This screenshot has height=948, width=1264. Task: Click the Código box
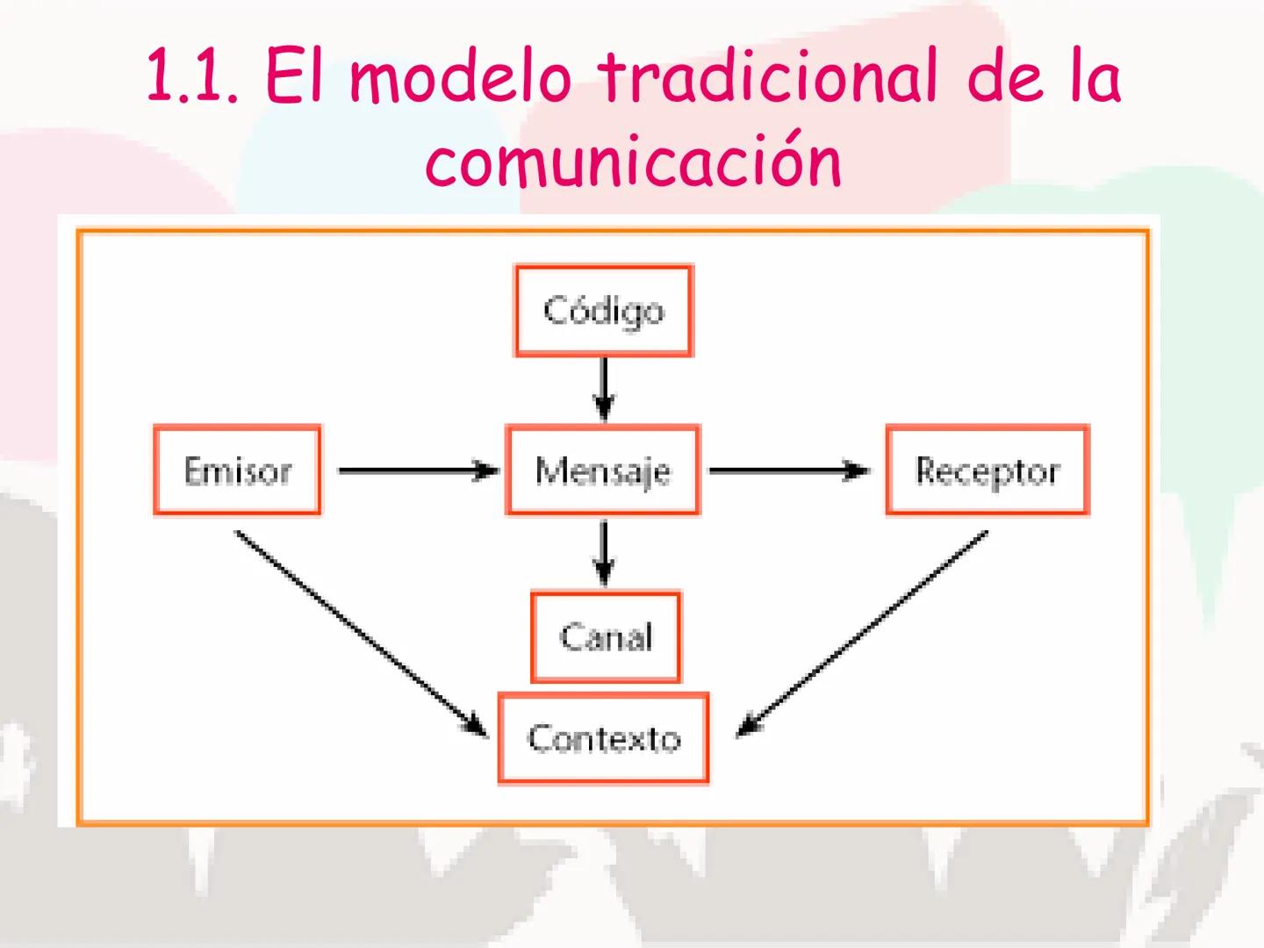tap(604, 311)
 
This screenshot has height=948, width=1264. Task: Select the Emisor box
tap(237, 470)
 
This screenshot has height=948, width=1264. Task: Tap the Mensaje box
tap(603, 470)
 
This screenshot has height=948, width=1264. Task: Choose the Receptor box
tap(987, 470)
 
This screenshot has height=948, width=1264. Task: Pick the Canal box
tap(606, 636)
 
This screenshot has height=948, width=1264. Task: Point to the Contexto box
tap(604, 738)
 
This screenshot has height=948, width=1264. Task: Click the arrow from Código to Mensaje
tap(604, 391)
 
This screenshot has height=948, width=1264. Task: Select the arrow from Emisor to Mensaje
tap(419, 470)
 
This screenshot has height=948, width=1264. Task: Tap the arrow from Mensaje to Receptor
tap(789, 470)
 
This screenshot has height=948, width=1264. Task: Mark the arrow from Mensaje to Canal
tap(604, 553)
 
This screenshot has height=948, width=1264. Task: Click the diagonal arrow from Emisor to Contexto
tap(362, 634)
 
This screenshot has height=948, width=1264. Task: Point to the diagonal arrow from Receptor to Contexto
tap(862, 634)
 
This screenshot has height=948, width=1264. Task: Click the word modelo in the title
tap(461, 76)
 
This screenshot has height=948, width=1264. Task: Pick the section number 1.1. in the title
tap(192, 77)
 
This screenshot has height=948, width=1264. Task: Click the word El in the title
tap(294, 76)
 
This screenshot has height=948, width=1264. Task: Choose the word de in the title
tap(1005, 76)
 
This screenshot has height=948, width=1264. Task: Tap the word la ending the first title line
tap(1095, 76)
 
